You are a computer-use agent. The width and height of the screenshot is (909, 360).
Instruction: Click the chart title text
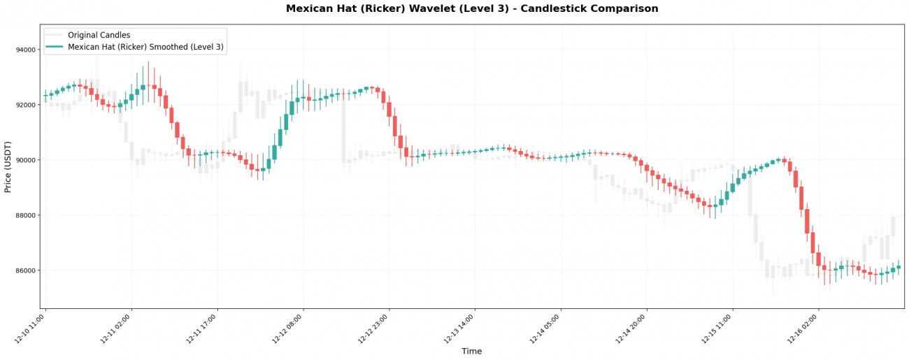pyautogui.click(x=472, y=9)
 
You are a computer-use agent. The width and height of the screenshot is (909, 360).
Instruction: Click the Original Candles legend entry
pyautogui.click(x=99, y=35)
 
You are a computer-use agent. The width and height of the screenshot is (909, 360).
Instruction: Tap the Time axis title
pyautogui.click(x=472, y=351)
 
